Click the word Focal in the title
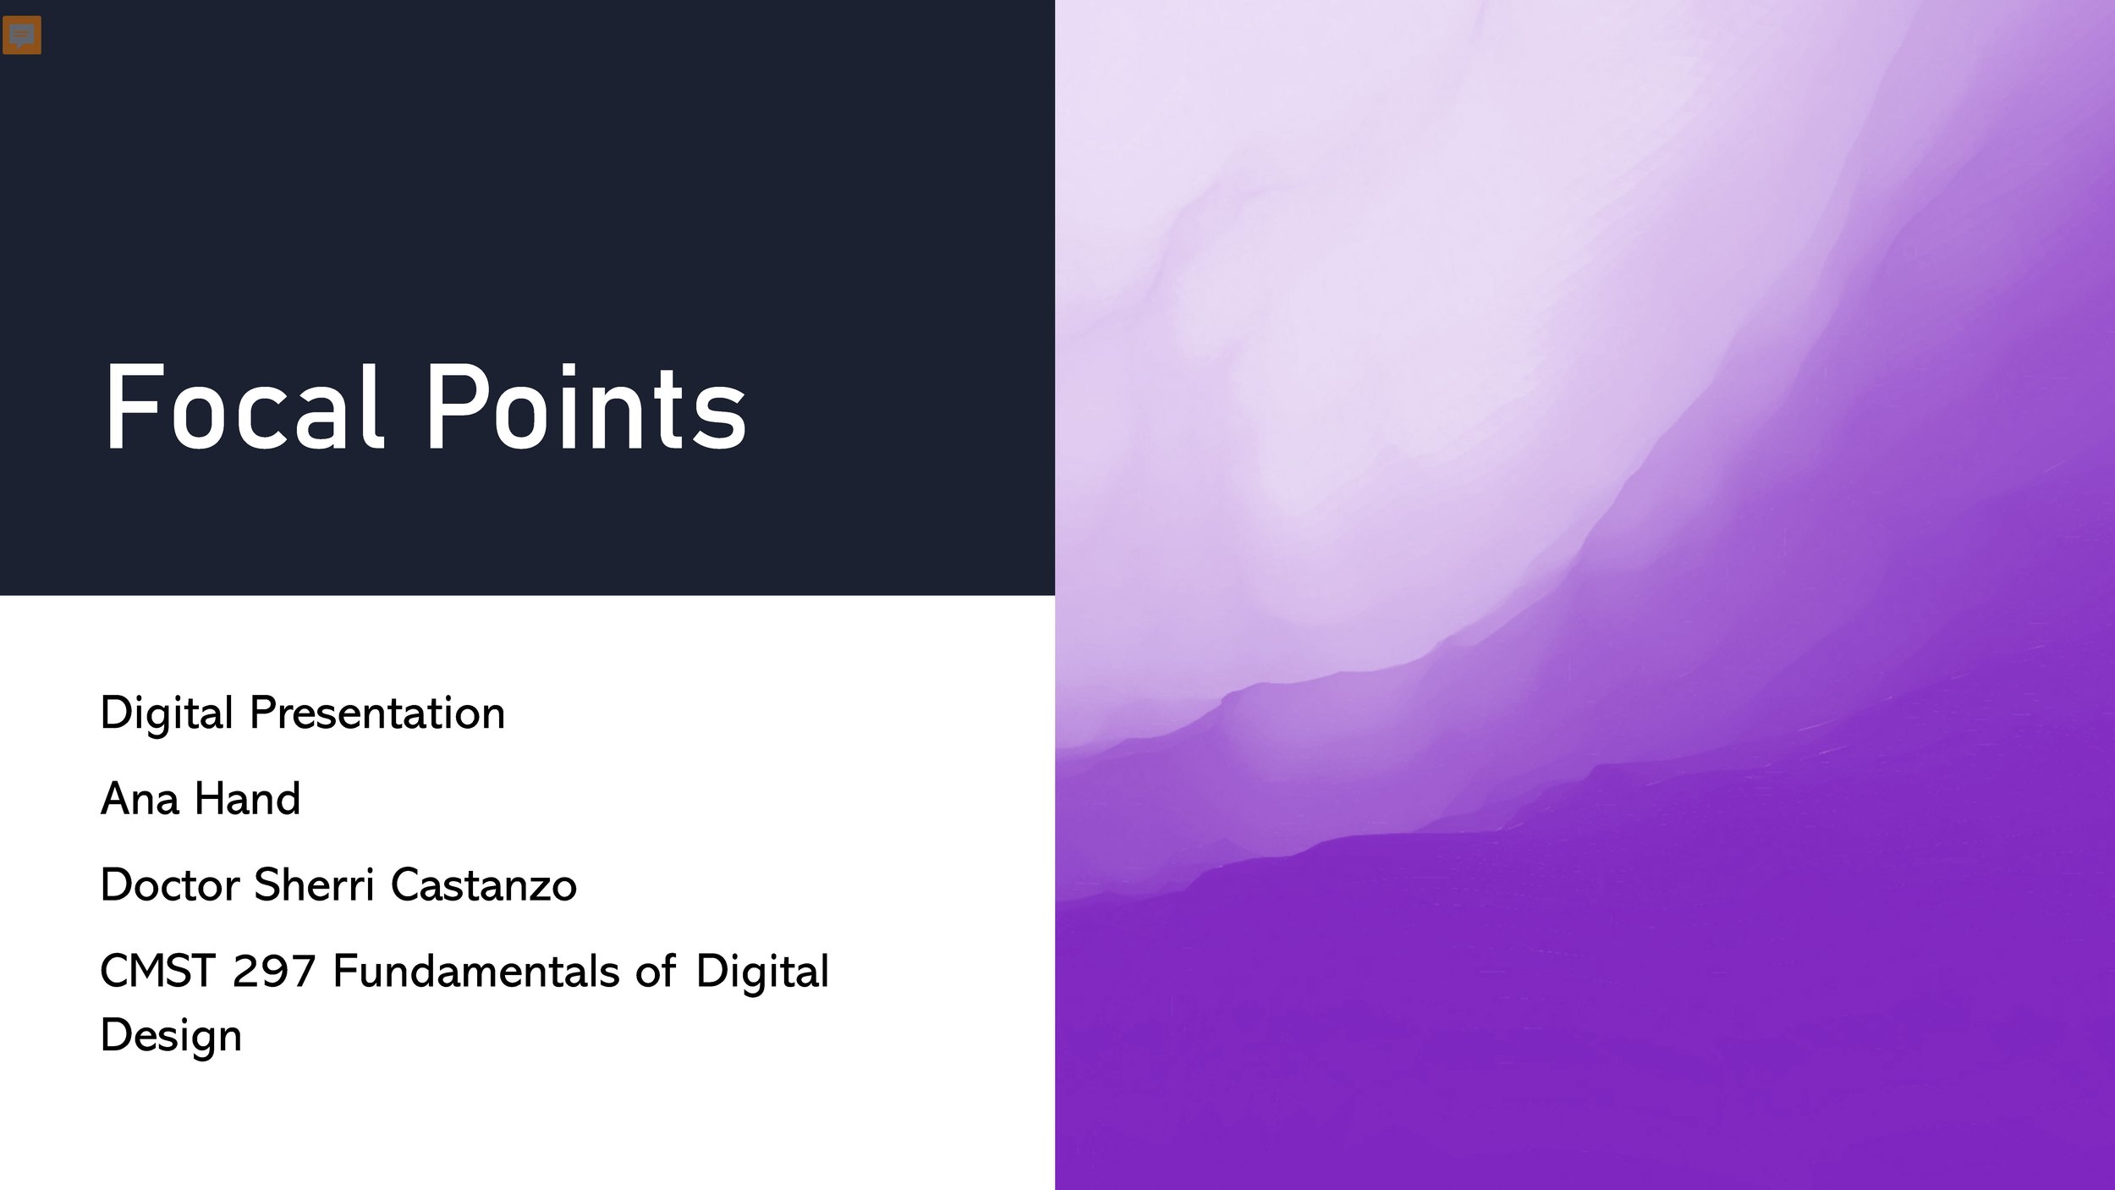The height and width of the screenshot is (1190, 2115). pyautogui.click(x=244, y=408)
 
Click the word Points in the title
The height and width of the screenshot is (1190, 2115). pyautogui.click(x=585, y=408)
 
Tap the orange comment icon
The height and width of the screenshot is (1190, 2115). pyautogui.click(x=22, y=35)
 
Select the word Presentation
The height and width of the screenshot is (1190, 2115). pyautogui.click(x=376, y=713)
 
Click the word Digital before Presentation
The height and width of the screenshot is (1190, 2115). pyautogui.click(x=167, y=713)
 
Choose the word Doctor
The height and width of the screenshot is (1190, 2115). pyautogui.click(x=169, y=885)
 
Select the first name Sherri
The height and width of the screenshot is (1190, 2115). pyautogui.click(x=314, y=885)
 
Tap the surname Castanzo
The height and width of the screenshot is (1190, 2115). pyautogui.click(x=484, y=885)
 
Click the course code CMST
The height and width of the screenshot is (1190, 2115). pyautogui.click(x=157, y=972)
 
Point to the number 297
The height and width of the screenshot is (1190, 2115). pyautogui.click(x=273, y=972)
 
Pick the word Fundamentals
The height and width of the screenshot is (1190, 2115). pyautogui.click(x=476, y=972)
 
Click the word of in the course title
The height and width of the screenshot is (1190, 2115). pyautogui.click(x=656, y=972)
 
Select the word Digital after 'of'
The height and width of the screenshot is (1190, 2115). pyautogui.click(x=762, y=972)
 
